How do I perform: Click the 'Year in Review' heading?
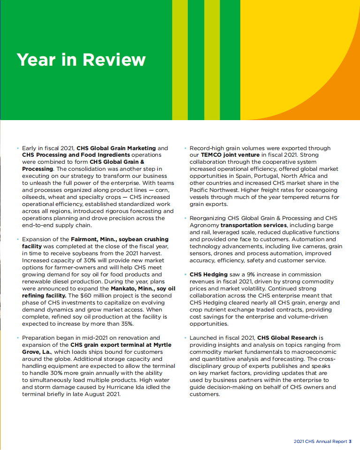pos(81,60)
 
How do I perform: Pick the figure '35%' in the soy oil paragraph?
pos(126,324)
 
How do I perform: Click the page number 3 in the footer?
pos(350,442)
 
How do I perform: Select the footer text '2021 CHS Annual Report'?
pos(321,442)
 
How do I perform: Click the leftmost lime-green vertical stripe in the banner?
pos(180,60)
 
